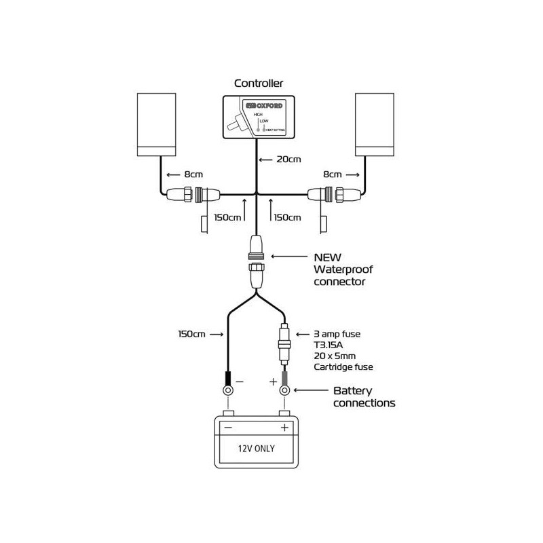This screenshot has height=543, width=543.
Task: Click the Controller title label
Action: pyautogui.click(x=259, y=83)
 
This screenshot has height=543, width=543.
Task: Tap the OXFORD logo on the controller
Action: pyautogui.click(x=265, y=106)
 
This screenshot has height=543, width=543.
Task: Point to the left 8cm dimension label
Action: pyautogui.click(x=192, y=174)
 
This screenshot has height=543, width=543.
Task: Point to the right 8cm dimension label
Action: pyautogui.click(x=332, y=174)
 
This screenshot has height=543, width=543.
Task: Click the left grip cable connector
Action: pyautogui.click(x=193, y=195)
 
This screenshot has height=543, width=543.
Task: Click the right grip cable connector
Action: pyautogui.click(x=335, y=195)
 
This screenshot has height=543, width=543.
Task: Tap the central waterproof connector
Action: pyautogui.click(x=257, y=262)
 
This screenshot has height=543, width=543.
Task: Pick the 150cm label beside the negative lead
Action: pyautogui.click(x=191, y=334)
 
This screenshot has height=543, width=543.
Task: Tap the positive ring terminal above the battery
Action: pyautogui.click(x=284, y=390)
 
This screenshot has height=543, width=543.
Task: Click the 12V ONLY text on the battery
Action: pyautogui.click(x=256, y=448)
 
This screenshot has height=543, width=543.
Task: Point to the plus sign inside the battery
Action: pyautogui.click(x=284, y=428)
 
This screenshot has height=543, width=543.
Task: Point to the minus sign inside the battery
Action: pyautogui.click(x=228, y=428)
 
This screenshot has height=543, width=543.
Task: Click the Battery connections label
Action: pyautogui.click(x=364, y=397)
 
